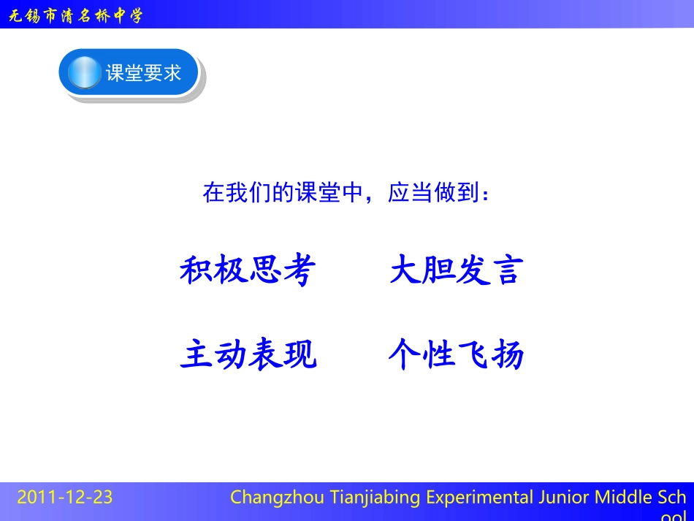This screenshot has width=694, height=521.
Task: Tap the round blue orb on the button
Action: pyautogui.click(x=85, y=73)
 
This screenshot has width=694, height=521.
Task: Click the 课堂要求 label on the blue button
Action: pyautogui.click(x=143, y=73)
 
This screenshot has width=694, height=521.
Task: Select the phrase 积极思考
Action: pyautogui.click(x=248, y=271)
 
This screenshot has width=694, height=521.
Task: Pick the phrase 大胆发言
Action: pyautogui.click(x=457, y=271)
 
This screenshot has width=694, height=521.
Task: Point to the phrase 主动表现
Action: pyautogui.click(x=248, y=356)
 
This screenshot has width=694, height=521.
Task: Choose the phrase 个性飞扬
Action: pyautogui.click(x=457, y=356)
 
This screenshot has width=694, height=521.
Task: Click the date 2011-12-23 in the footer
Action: pyautogui.click(x=65, y=498)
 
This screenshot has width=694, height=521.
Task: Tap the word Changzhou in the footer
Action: pyautogui.click(x=270, y=498)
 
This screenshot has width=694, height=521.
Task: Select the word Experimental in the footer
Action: pyautogui.click(x=479, y=498)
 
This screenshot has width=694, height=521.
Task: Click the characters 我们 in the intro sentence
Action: pyautogui.click(x=242, y=194)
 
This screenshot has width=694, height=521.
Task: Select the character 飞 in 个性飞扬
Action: pyautogui.click(x=473, y=356)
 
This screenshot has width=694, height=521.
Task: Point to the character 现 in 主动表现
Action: pyautogui.click(x=300, y=356)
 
